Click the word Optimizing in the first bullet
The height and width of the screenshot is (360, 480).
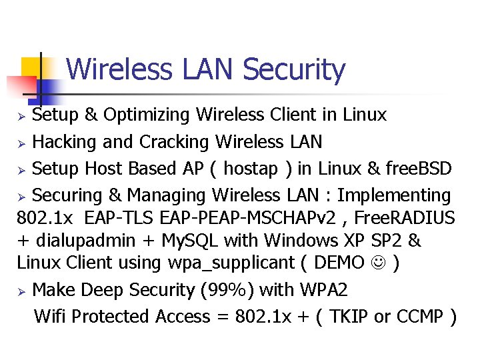pyautogui.click(x=139, y=115)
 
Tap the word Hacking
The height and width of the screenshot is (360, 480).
pyautogui.click(x=61, y=142)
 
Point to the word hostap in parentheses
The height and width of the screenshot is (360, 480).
pyautogui.click(x=251, y=169)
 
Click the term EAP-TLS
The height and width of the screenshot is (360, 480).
pyautogui.click(x=110, y=218)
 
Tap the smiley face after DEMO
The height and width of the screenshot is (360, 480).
pyautogui.click(x=380, y=263)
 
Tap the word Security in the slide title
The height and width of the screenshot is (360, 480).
pyautogui.click(x=294, y=70)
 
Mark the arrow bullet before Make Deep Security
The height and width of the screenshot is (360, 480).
pyautogui.click(x=21, y=291)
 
